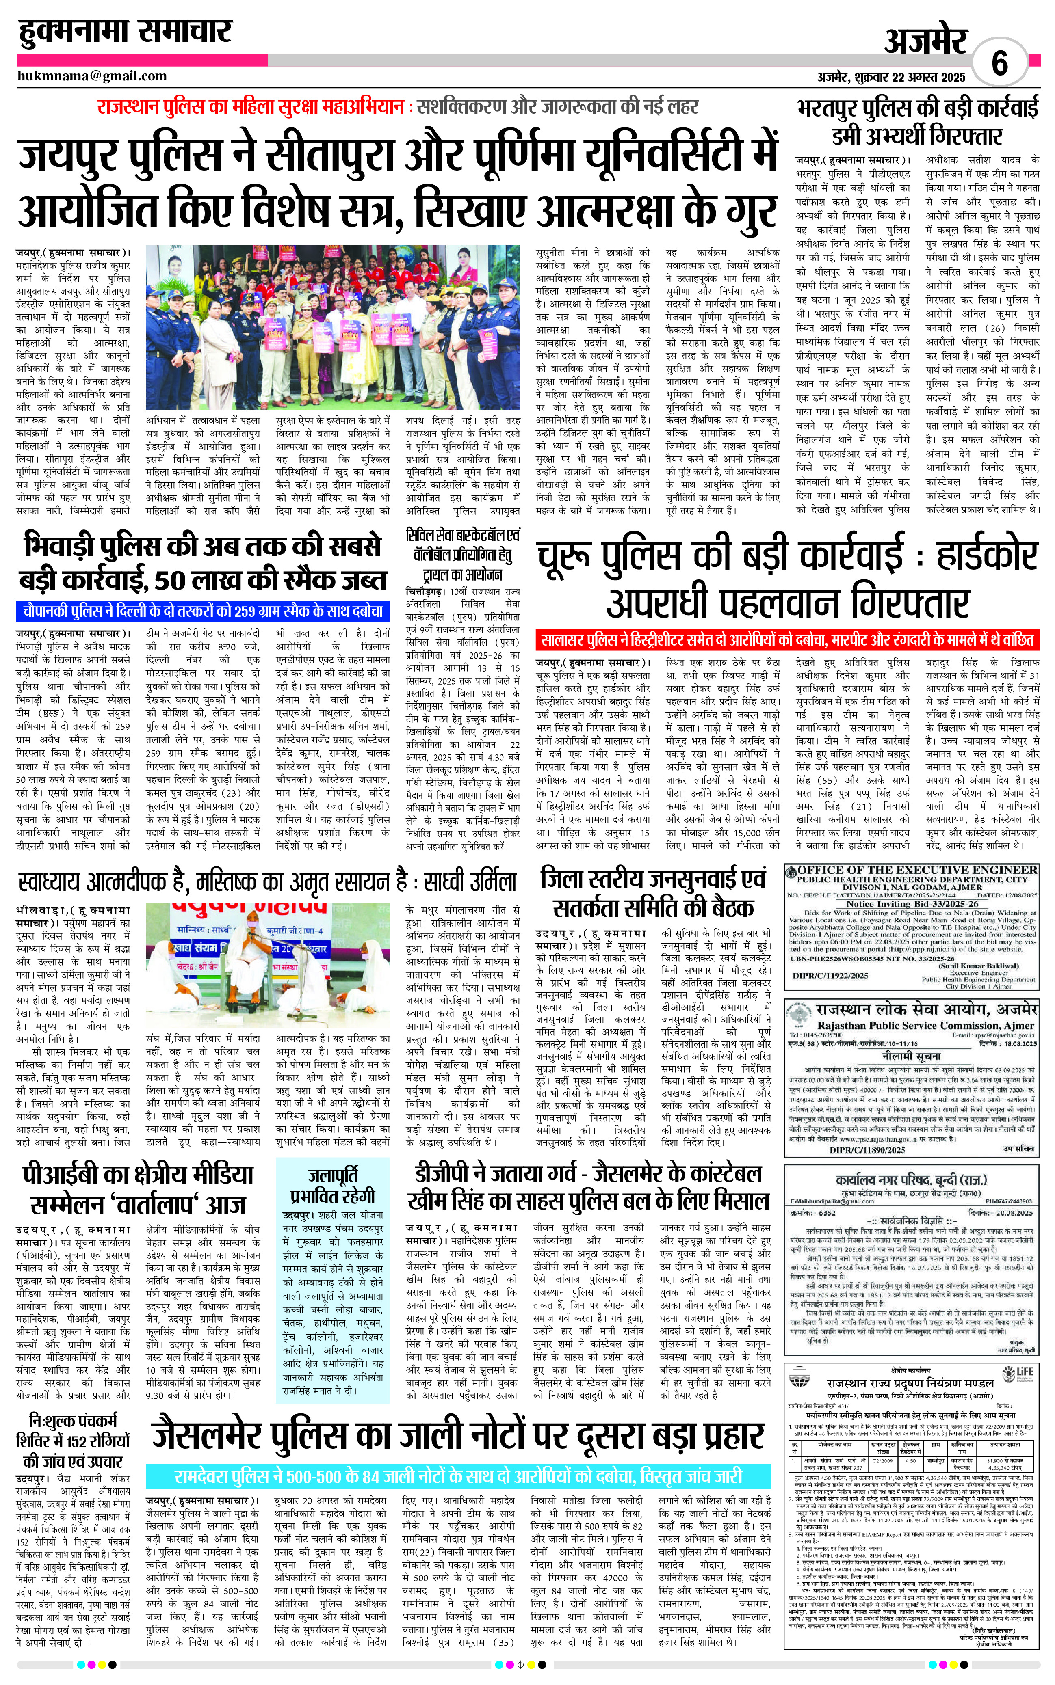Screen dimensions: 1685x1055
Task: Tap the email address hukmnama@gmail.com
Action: (x=92, y=76)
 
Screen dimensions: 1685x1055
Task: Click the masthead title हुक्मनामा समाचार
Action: (x=125, y=32)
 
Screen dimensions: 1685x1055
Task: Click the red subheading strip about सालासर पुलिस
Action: (x=786, y=639)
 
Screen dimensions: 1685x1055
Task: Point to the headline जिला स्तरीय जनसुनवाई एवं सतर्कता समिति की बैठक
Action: (x=653, y=893)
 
